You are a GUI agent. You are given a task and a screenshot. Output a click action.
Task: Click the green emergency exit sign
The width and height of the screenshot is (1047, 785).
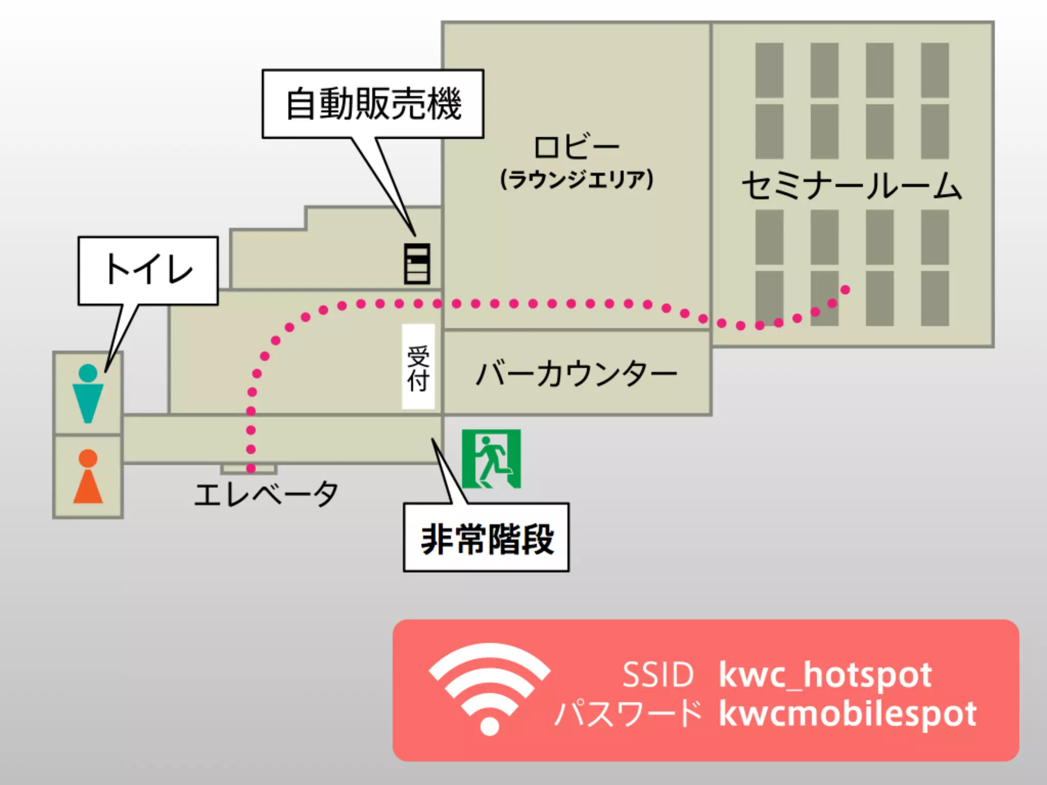click(491, 458)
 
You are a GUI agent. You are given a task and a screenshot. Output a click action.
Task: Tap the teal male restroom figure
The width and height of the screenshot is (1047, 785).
click(88, 394)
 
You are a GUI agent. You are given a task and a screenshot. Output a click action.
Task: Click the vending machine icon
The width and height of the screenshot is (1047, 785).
click(417, 263)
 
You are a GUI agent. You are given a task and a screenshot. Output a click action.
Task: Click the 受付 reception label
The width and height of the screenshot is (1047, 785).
click(418, 366)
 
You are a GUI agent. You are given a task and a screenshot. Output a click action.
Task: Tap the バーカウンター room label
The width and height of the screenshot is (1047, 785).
click(576, 374)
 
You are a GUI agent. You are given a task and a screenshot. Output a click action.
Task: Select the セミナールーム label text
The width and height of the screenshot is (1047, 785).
click(852, 186)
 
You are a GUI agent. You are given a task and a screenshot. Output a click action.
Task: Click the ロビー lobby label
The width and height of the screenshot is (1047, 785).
click(576, 147)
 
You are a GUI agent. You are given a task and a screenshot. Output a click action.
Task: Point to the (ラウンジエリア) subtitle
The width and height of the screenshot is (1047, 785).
click(576, 179)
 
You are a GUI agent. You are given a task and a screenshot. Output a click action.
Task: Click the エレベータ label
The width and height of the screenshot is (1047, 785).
click(266, 494)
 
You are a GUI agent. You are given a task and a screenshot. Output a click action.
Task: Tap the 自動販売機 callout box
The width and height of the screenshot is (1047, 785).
click(373, 104)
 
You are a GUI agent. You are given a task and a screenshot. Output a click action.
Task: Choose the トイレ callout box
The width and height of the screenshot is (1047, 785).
click(148, 270)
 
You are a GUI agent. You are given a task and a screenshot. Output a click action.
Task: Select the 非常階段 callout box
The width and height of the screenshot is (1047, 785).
click(486, 538)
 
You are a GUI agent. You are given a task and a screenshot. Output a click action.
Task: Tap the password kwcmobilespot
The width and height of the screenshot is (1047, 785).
click(848, 713)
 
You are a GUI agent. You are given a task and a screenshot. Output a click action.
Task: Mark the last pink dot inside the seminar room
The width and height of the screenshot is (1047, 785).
click(845, 290)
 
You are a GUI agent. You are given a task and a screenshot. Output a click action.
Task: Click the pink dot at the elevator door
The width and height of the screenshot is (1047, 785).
click(251, 468)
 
